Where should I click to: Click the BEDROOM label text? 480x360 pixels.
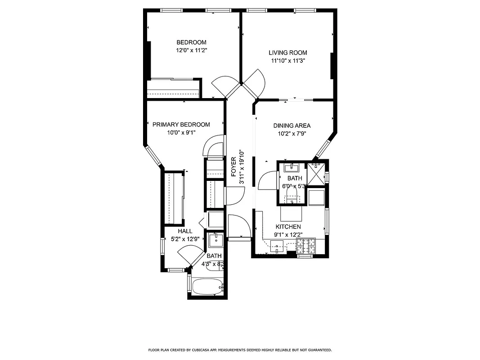(191, 43)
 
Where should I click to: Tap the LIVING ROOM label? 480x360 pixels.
(288, 53)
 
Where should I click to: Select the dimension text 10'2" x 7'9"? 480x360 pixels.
(292, 134)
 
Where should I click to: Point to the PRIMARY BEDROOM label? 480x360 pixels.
(181, 125)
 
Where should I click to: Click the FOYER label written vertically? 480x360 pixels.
(233, 167)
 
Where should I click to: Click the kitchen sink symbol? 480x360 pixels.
(278, 245)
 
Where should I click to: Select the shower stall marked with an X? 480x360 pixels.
(317, 173)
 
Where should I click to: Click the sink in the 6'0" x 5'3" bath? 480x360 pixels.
(292, 168)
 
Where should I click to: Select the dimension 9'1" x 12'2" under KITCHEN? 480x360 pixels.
(288, 234)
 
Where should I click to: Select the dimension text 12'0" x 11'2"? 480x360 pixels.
(191, 51)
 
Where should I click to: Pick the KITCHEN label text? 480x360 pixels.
(288, 227)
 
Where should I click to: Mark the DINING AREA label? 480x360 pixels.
(292, 126)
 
